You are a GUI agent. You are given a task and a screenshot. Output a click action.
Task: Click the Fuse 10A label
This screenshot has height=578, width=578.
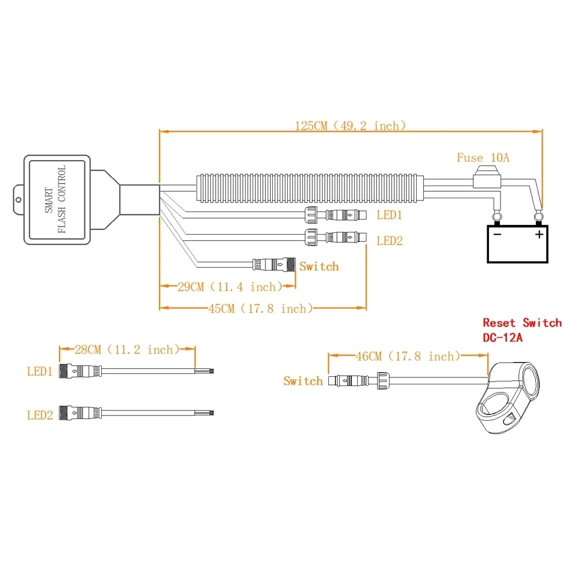click(483, 157)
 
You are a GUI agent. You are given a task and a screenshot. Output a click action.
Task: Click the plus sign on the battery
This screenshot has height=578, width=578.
click(539, 234)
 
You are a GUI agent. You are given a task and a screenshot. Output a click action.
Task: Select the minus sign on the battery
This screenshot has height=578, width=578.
click(496, 234)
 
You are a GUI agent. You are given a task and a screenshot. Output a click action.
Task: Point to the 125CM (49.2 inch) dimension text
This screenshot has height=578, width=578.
click(350, 125)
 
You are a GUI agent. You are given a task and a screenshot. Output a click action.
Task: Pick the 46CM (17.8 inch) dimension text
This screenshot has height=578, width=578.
click(407, 356)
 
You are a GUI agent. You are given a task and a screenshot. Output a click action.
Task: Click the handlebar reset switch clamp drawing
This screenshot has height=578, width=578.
click(507, 399)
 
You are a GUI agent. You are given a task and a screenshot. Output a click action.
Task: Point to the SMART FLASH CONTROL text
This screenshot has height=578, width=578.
click(55, 199)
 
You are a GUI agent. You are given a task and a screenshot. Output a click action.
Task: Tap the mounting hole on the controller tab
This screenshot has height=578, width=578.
click(18, 199)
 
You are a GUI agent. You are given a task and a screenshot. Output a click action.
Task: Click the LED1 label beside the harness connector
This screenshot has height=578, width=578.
click(389, 215)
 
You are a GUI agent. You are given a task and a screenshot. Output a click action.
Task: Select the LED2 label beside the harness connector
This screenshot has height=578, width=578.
click(389, 240)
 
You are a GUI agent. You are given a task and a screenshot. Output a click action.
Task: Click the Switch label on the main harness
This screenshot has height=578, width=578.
click(319, 266)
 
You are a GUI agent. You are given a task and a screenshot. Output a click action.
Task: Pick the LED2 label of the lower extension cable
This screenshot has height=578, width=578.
click(40, 414)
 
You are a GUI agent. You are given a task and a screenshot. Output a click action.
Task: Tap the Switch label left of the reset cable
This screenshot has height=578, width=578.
click(303, 381)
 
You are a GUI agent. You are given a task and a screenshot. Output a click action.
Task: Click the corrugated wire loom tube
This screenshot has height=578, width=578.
click(310, 186)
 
